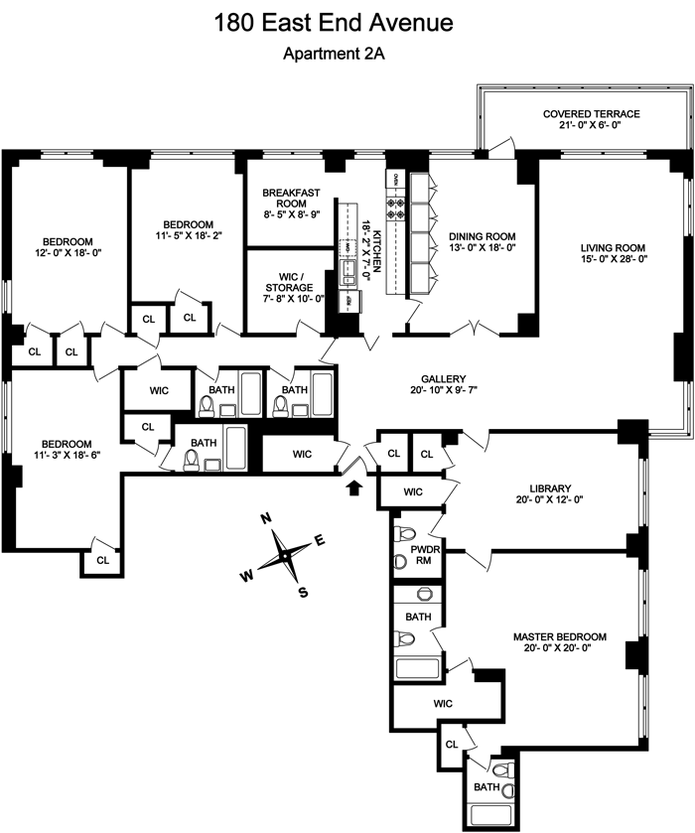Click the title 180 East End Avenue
347,22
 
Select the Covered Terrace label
591,114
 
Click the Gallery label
443,378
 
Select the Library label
550,487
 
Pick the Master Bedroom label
559,637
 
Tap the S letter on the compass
304,593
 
